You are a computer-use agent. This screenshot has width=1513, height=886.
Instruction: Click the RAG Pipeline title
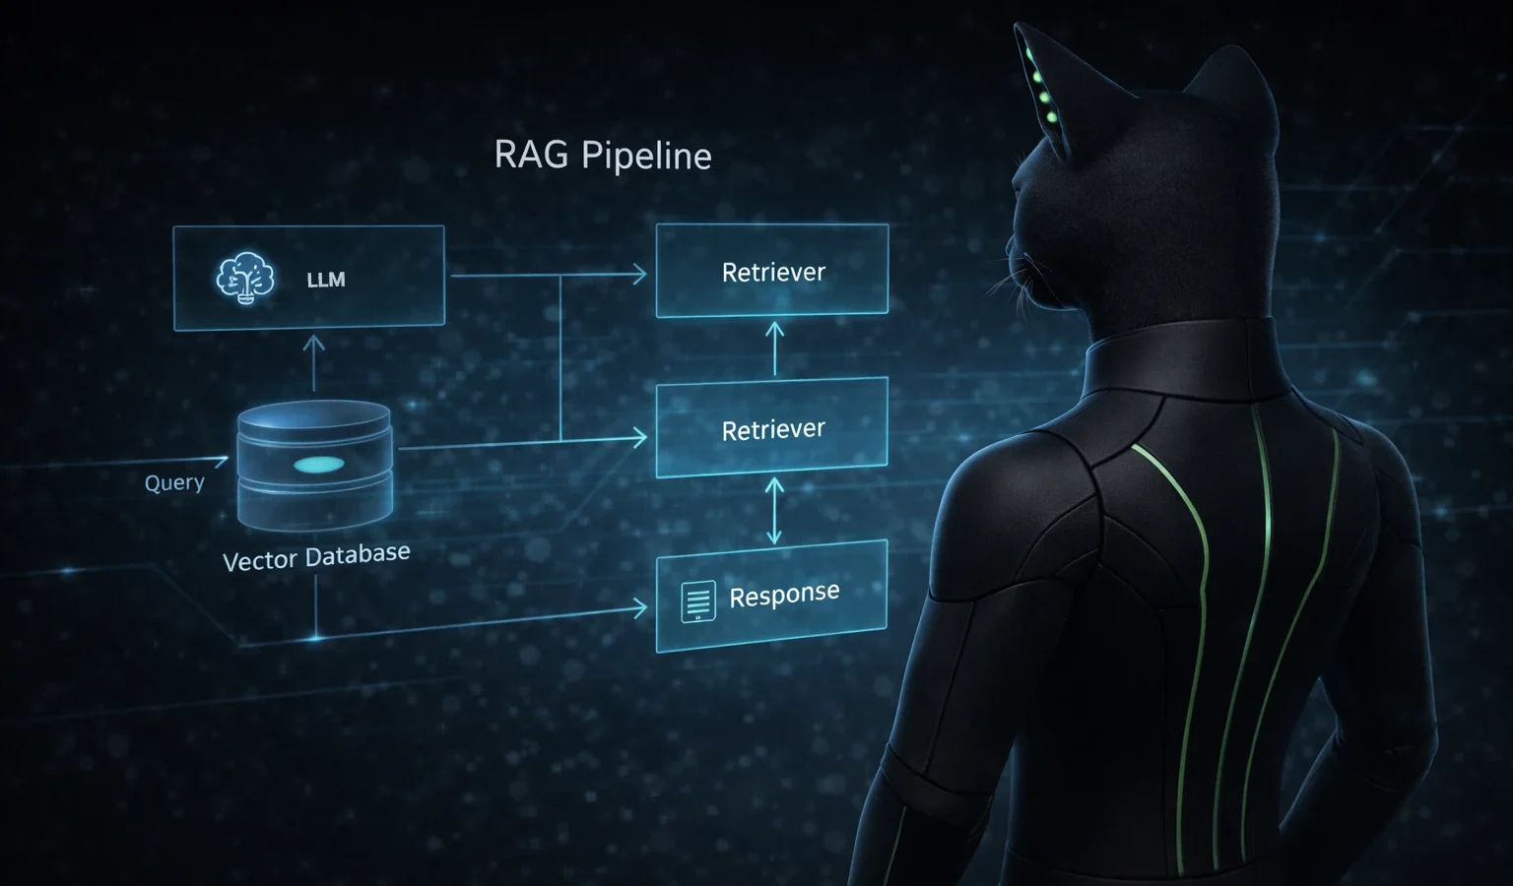[602, 156]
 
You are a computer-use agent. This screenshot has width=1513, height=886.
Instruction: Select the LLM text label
[326, 281]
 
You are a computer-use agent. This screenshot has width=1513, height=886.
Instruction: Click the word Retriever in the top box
[773, 273]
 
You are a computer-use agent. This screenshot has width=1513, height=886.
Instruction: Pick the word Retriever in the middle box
[773, 430]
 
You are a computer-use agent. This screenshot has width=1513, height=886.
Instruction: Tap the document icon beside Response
[698, 601]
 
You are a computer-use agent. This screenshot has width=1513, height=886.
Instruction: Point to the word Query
[174, 483]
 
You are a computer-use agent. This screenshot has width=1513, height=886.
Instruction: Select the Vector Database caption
[316, 557]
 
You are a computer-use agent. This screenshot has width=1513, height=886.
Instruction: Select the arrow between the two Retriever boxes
[775, 348]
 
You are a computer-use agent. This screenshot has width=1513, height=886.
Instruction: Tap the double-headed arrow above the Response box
[774, 511]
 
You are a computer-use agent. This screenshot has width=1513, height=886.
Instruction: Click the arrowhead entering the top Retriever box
[639, 275]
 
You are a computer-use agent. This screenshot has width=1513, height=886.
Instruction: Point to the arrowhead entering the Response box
[640, 609]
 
